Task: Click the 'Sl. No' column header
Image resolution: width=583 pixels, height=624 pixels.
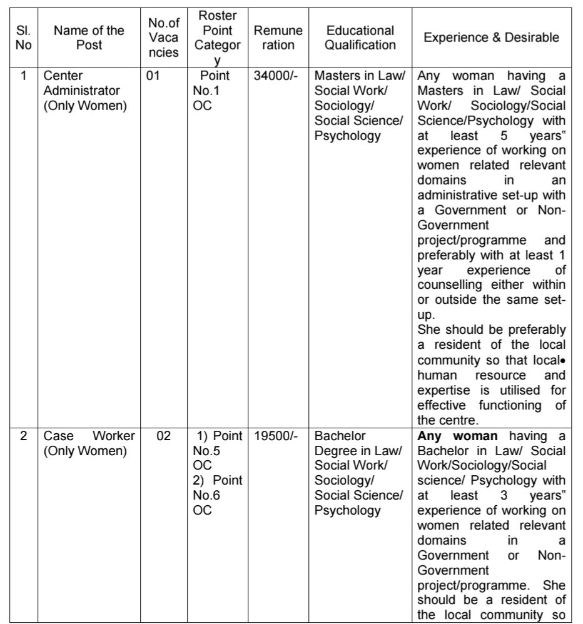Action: (x=24, y=38)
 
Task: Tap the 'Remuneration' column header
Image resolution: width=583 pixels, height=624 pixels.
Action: (x=278, y=38)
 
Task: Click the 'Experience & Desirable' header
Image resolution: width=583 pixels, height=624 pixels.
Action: (x=492, y=38)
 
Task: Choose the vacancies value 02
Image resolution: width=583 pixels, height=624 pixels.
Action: (x=163, y=436)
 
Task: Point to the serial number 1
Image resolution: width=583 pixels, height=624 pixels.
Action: (x=24, y=76)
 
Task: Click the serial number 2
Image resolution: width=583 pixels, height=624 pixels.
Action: (x=24, y=436)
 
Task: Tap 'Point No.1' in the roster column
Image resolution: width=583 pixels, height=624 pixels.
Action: (x=213, y=83)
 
